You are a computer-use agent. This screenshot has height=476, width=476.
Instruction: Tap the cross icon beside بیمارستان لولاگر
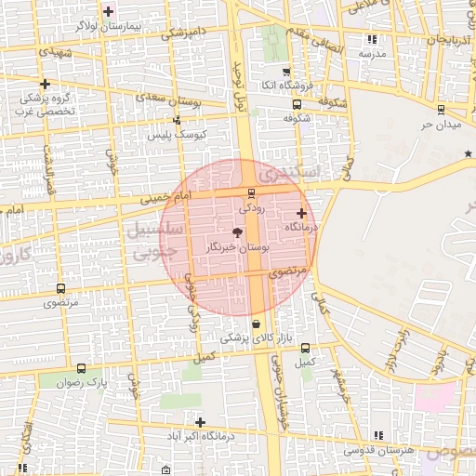coord(109,11)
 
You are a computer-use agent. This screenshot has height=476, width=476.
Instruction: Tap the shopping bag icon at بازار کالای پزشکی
coord(256,324)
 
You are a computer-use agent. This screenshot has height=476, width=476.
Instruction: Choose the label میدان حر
coord(440,124)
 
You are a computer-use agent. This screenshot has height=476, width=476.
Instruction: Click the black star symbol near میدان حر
coord(469,153)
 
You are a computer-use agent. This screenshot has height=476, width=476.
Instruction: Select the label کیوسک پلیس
coord(178,135)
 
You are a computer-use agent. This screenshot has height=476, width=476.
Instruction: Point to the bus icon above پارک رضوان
coord(81,368)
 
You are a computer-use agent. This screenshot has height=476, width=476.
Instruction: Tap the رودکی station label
coord(252,209)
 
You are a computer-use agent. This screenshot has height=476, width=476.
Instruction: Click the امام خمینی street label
coord(163,198)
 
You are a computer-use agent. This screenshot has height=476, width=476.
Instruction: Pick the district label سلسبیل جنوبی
coord(140,240)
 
